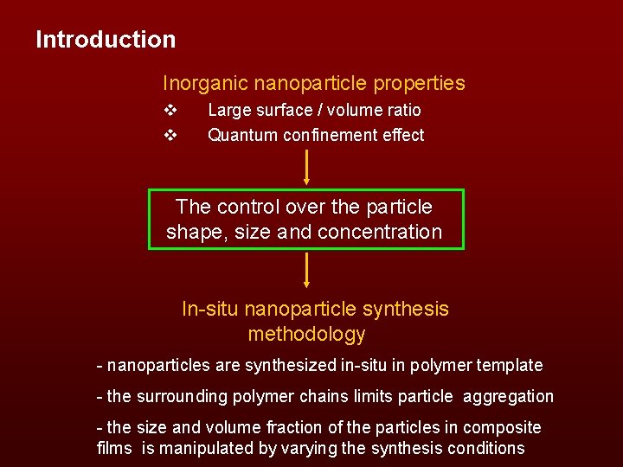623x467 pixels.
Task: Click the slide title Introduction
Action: [x=106, y=40]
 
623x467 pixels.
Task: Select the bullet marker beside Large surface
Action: [x=170, y=111]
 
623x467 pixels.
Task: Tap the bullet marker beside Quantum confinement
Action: [x=170, y=136]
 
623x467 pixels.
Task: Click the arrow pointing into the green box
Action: [x=306, y=166]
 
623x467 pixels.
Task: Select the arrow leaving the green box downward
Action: [x=306, y=270]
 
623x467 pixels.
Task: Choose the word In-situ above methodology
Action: [x=210, y=309]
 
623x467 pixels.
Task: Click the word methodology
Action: [x=306, y=334]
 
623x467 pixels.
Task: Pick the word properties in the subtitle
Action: [x=420, y=84]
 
